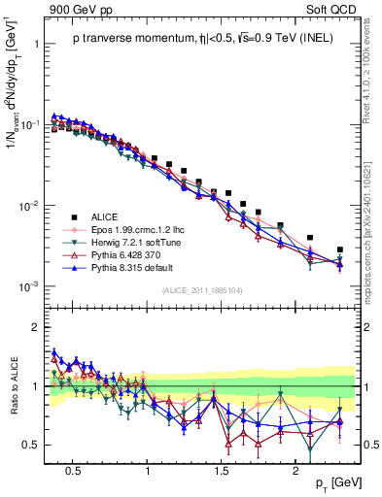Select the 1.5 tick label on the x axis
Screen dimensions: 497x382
click(222, 470)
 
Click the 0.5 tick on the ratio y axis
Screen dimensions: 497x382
click(31, 446)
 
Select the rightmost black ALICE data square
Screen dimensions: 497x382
click(339, 249)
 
